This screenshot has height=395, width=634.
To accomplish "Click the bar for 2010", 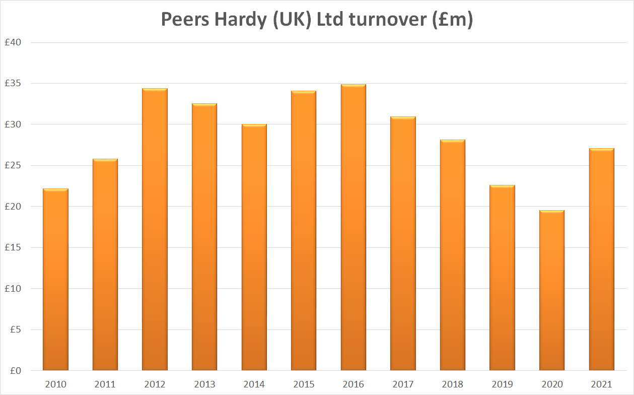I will pyautogui.click(x=55, y=280).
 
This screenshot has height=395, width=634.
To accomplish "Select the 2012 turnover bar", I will pyautogui.click(x=155, y=229).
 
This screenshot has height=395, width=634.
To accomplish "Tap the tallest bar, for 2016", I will pyautogui.click(x=353, y=227).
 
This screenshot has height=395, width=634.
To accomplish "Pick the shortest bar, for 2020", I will pyautogui.click(x=551, y=290).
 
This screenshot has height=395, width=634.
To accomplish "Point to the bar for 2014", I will pyautogui.click(x=254, y=247).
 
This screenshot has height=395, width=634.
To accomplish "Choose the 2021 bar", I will pyautogui.click(x=601, y=259).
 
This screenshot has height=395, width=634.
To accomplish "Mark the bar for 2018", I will pyautogui.click(x=452, y=255).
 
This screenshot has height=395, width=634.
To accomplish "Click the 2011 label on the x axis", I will pyautogui.click(x=105, y=384).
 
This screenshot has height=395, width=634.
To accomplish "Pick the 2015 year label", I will pyautogui.click(x=303, y=384).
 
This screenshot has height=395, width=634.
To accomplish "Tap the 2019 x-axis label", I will pyautogui.click(x=502, y=384).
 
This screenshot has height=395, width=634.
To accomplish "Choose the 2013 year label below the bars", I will pyautogui.click(x=204, y=384).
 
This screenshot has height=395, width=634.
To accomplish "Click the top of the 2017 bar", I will pyautogui.click(x=403, y=118).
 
